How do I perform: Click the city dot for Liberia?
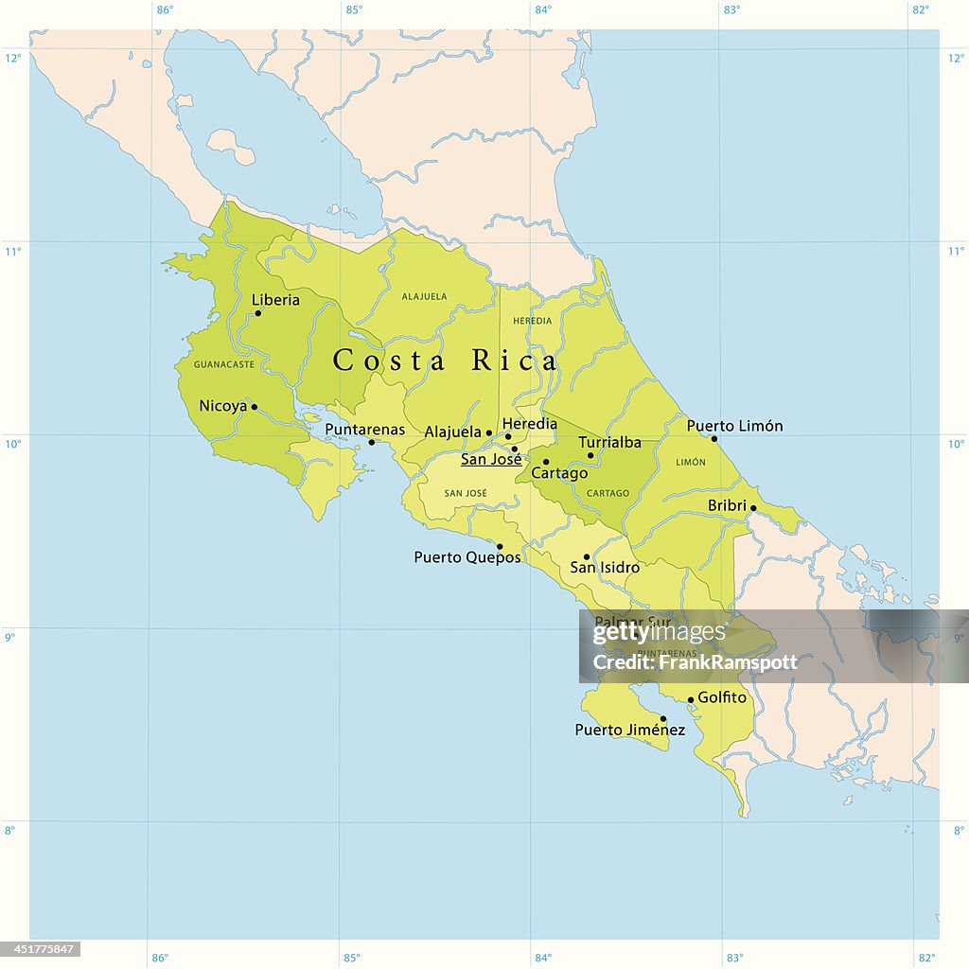point(257,313)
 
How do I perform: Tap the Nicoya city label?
point(222,406)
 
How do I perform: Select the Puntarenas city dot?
point(371,443)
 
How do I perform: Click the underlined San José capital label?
point(490,460)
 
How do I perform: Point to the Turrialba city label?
point(609,442)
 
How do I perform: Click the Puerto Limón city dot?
point(714,438)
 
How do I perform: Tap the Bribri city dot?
point(753,508)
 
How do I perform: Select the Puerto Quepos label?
point(467,557)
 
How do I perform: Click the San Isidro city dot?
point(586,556)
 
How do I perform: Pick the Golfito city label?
point(722,697)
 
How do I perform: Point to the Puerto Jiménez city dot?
point(663,718)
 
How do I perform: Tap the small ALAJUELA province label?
point(424,296)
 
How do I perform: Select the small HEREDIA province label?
point(532,321)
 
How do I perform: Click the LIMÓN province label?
point(691,463)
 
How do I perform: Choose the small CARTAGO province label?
point(608,493)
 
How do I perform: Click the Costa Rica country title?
point(445,361)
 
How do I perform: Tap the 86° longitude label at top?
point(165,10)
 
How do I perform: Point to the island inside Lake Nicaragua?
point(230,146)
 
